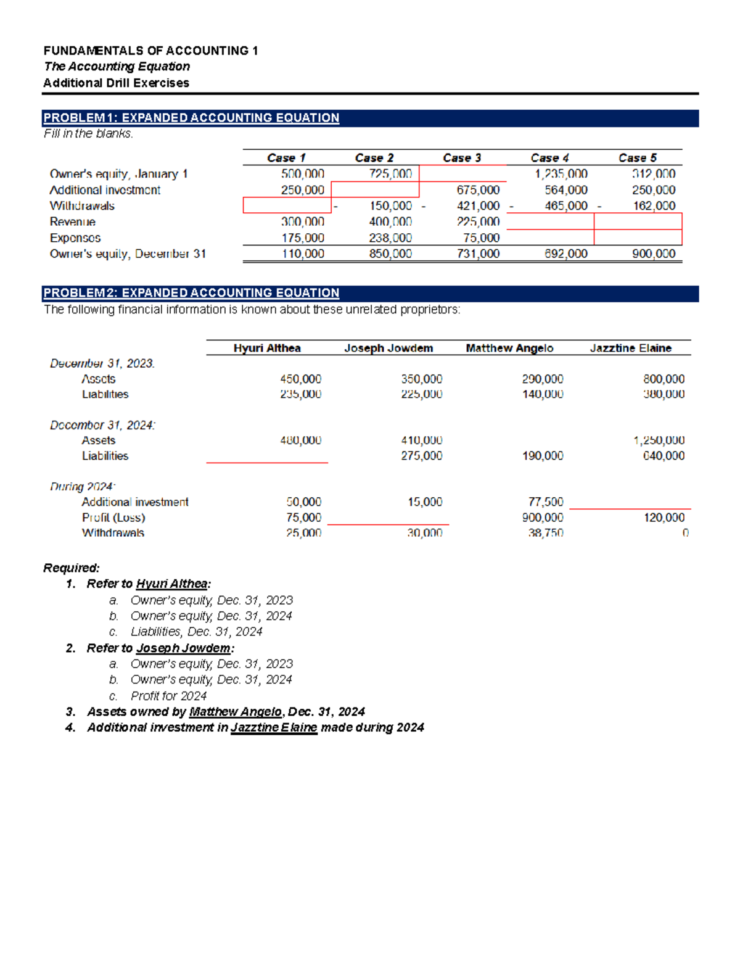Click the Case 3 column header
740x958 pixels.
point(462,158)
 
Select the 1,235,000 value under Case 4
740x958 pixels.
point(561,174)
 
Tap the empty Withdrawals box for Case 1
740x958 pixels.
point(287,205)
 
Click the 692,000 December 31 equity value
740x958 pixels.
point(566,254)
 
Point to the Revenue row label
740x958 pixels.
point(73,221)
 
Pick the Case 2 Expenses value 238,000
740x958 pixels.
point(390,237)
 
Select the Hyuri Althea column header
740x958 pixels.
point(267,348)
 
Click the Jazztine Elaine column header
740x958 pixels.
point(630,348)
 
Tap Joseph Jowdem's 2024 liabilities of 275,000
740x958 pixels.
point(421,456)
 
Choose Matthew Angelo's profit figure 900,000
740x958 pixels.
point(543,518)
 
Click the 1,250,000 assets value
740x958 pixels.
point(659,440)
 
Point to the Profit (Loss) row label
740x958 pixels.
point(113,518)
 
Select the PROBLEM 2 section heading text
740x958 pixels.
point(191,293)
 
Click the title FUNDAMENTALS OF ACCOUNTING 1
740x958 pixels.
point(151,51)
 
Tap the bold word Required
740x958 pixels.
point(72,568)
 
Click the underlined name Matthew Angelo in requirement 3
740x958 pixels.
point(235,712)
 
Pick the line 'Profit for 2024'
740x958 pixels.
point(168,696)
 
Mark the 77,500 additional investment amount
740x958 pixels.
point(546,502)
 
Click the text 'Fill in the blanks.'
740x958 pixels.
point(88,133)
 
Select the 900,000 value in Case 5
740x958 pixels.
point(654,254)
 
